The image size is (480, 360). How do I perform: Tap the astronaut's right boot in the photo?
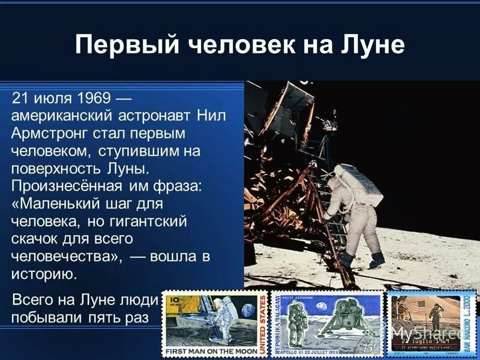377,260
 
